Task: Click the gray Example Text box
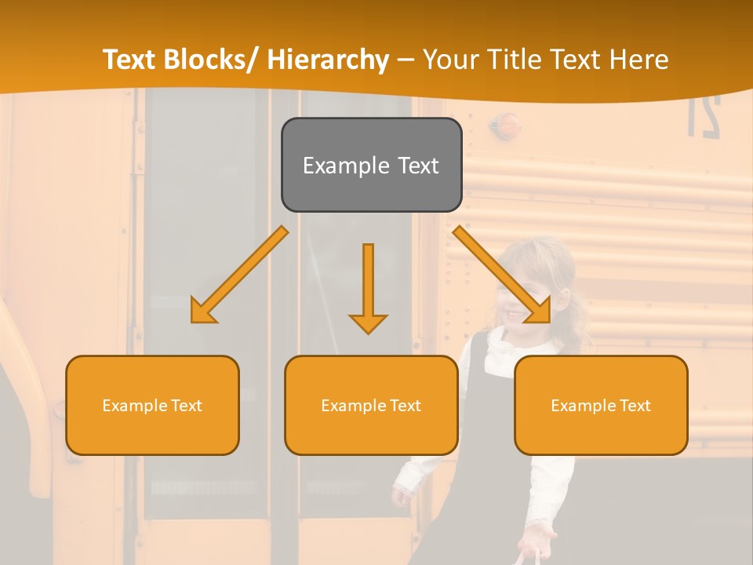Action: click(371, 165)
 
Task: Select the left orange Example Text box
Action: click(152, 405)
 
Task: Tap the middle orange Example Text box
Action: click(371, 405)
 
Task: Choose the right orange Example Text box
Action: click(601, 405)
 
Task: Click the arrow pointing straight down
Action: click(368, 290)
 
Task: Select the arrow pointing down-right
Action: click(502, 275)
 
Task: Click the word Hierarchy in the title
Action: click(328, 60)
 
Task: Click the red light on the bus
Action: click(508, 123)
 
